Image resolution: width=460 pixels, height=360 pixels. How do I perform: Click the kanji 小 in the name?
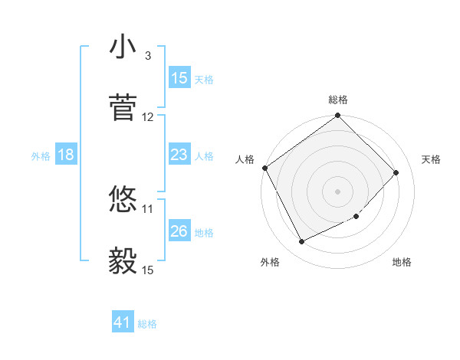tap(123, 47)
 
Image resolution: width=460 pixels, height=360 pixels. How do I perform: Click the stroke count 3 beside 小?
tap(147, 56)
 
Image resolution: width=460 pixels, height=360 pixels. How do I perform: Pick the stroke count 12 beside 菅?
tap(148, 117)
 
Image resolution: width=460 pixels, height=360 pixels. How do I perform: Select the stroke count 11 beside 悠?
tap(148, 208)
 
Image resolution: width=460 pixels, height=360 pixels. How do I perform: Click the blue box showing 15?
tap(179, 78)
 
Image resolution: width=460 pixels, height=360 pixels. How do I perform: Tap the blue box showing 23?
tap(179, 155)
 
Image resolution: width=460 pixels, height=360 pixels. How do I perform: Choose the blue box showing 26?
tap(179, 231)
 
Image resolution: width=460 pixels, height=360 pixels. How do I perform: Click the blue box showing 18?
tap(66, 155)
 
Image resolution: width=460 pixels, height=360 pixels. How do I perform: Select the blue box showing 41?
tap(123, 323)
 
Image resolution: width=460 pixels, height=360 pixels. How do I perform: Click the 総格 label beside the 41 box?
tap(147, 325)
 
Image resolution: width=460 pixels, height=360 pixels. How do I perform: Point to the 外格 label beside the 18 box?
tap(41, 156)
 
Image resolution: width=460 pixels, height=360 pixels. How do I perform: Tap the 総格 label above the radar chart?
tap(338, 100)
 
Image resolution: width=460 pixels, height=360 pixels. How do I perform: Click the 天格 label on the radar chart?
tap(432, 159)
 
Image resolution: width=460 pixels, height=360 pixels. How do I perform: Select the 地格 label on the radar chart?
tap(402, 262)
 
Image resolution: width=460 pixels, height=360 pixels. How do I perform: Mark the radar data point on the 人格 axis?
tap(265, 168)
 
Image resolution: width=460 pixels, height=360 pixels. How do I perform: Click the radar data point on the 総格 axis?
tap(338, 116)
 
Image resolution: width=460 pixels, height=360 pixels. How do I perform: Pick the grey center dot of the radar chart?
tap(338, 191)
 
